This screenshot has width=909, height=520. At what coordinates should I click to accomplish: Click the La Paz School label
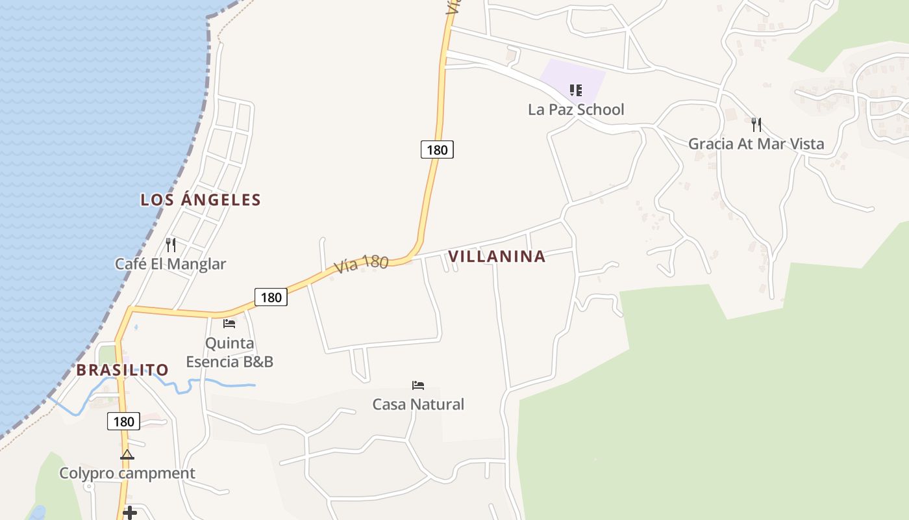(576, 109)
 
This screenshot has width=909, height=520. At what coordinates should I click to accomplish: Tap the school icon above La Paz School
(576, 90)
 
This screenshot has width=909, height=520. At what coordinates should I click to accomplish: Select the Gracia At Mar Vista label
(756, 144)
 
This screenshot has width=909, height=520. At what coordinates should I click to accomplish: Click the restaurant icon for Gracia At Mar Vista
(756, 124)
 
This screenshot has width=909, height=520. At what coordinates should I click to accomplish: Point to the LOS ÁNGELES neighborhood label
(201, 200)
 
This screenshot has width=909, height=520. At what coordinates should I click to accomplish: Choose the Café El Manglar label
(170, 264)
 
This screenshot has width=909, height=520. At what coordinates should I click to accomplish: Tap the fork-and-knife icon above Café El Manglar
(171, 245)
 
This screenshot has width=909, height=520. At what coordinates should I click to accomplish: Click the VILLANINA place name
(497, 256)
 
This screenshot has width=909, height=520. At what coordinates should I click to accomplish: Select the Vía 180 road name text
(361, 264)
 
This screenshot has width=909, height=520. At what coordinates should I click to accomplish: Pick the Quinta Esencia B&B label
(229, 352)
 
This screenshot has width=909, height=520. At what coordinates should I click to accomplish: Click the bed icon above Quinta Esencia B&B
(229, 323)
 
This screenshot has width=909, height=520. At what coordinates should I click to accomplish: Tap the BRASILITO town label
(123, 370)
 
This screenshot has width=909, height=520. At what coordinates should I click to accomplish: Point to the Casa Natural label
(418, 404)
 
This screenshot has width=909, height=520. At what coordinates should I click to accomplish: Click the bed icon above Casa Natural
(418, 385)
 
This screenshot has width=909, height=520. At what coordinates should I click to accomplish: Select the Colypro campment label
(127, 473)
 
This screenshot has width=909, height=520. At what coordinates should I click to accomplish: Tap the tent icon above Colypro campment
(127, 454)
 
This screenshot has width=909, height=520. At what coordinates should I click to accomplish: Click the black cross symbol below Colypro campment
(130, 513)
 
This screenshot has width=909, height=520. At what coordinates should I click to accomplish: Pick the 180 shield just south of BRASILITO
(123, 422)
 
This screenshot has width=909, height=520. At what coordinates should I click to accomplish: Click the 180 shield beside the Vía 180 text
(271, 297)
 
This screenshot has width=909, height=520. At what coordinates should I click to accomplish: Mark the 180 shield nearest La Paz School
(437, 149)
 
